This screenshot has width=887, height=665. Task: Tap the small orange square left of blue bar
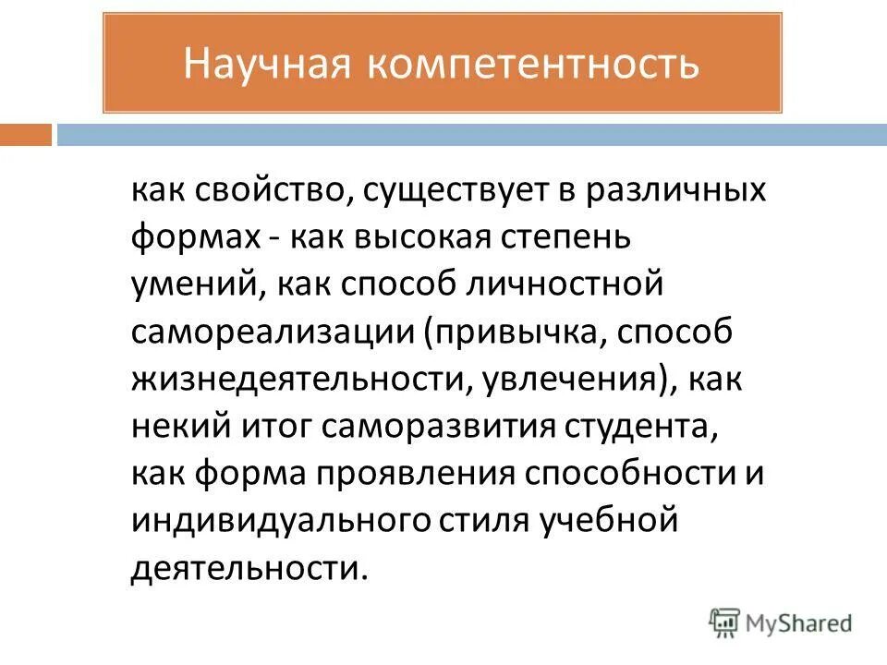point(25,136)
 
